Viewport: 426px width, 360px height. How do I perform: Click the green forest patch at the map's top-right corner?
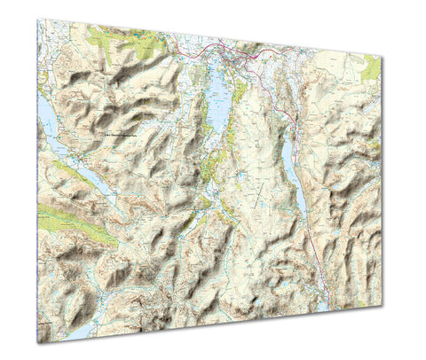point(371,67)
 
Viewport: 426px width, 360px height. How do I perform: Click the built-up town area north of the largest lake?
point(235,59)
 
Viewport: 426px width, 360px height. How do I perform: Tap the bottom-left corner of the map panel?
point(38,343)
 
